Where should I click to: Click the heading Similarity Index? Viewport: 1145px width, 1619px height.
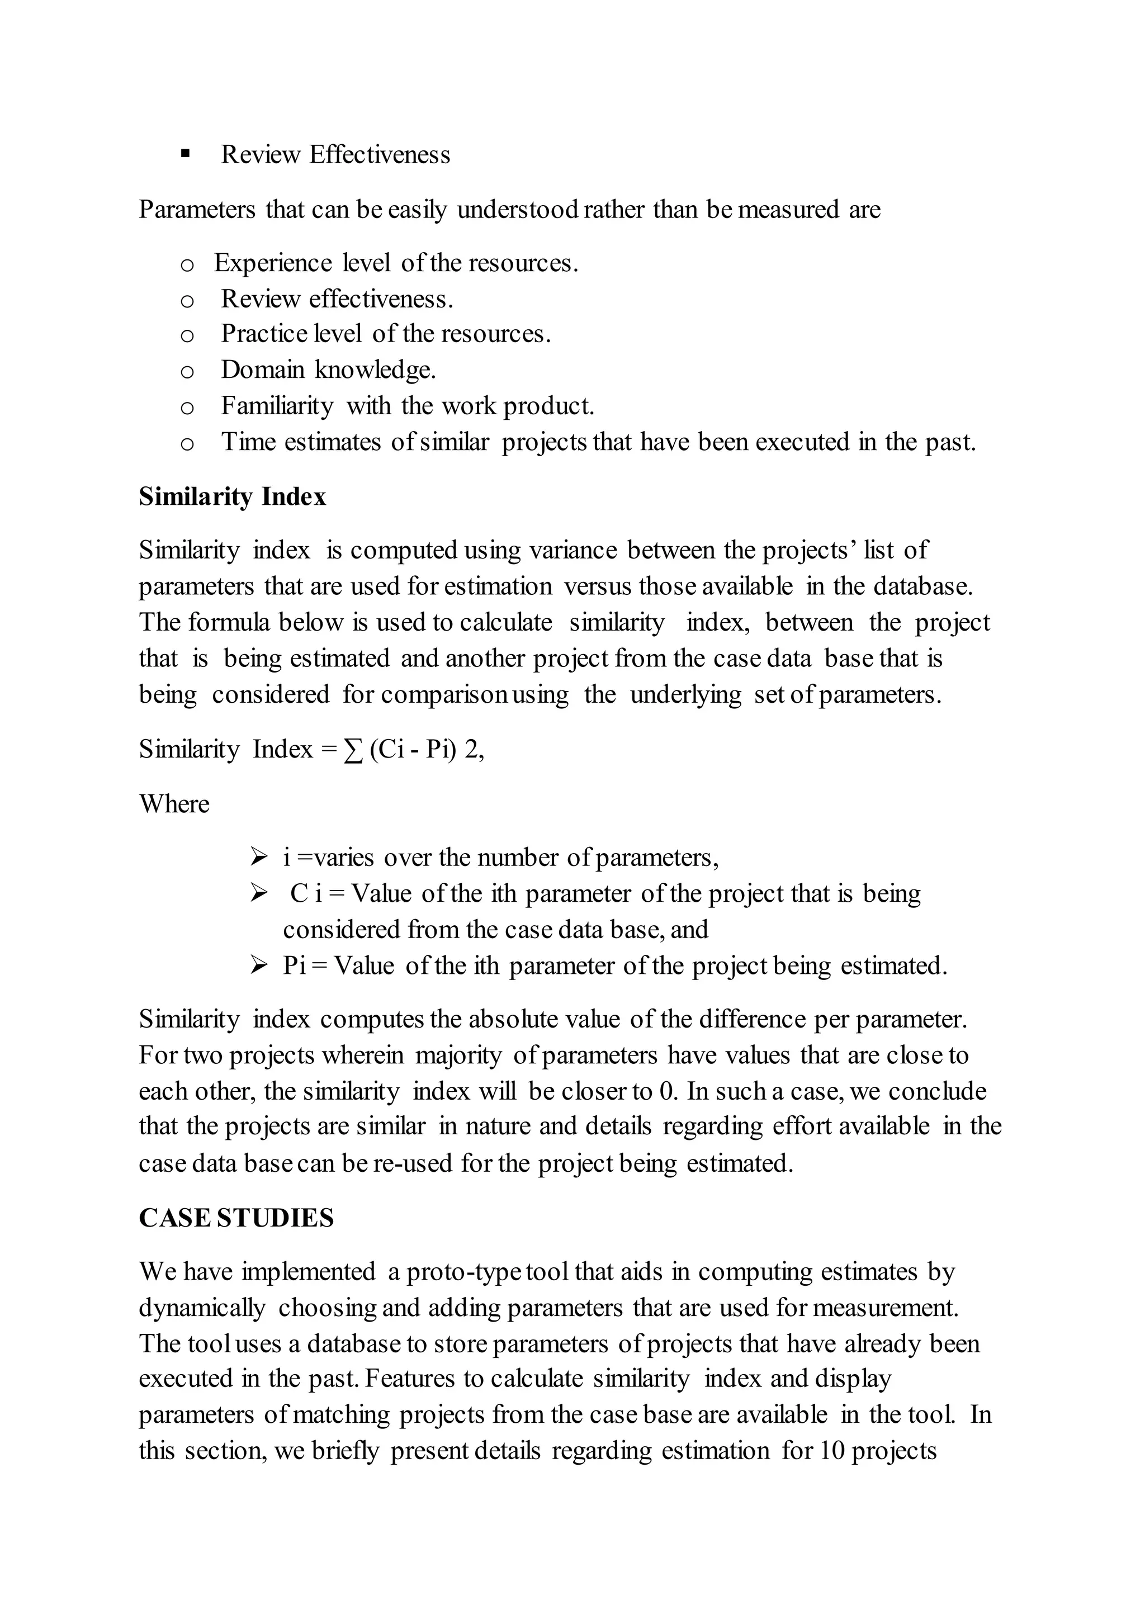tap(232, 497)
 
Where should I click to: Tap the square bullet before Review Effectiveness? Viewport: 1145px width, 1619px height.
tap(186, 154)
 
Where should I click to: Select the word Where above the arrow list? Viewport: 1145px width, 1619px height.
tap(174, 804)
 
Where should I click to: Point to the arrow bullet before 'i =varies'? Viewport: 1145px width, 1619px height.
tap(258, 858)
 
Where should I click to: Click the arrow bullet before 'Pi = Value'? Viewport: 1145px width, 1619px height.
tap(258, 965)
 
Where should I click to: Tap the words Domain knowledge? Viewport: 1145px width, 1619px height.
tap(329, 370)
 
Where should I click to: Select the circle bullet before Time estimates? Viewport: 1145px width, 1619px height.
tap(187, 443)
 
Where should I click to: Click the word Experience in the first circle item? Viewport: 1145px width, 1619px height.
tap(273, 263)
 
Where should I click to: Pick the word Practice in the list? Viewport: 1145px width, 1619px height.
tap(264, 334)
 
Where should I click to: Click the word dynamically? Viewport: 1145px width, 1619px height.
tap(202, 1308)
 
